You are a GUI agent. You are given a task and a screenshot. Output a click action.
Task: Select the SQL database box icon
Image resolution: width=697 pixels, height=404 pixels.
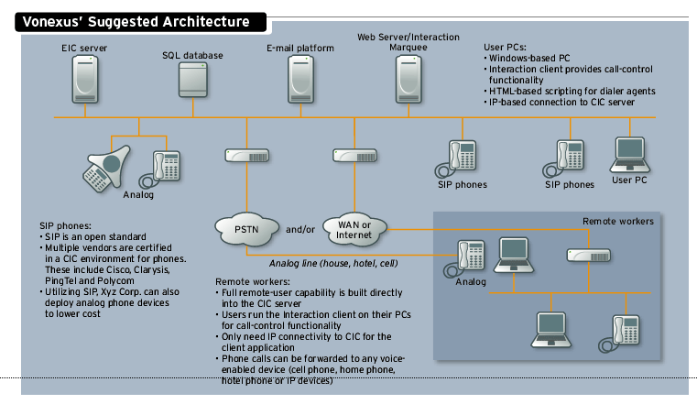pyautogui.click(x=192, y=80)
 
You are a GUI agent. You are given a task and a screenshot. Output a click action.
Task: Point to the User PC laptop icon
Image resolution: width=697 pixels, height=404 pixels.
pyautogui.click(x=629, y=155)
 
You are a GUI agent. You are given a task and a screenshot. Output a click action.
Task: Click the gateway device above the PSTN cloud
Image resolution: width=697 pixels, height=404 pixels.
pyautogui.click(x=245, y=155)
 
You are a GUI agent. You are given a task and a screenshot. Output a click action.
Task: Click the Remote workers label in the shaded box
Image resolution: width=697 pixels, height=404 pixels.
pyautogui.click(x=618, y=222)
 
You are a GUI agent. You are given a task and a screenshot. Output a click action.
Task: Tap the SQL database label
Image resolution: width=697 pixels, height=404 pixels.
pyautogui.click(x=192, y=55)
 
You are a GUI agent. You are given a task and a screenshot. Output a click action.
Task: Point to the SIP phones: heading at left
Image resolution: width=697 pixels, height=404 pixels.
pyautogui.click(x=65, y=224)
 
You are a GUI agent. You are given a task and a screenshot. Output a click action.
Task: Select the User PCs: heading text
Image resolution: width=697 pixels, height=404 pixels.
pyautogui.click(x=507, y=46)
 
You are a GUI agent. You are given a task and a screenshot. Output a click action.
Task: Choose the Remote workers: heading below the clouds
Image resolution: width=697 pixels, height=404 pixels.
pyautogui.click(x=251, y=280)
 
